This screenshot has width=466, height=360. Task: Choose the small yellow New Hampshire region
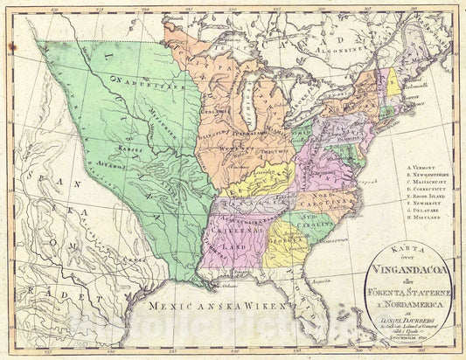pos(393,81)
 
